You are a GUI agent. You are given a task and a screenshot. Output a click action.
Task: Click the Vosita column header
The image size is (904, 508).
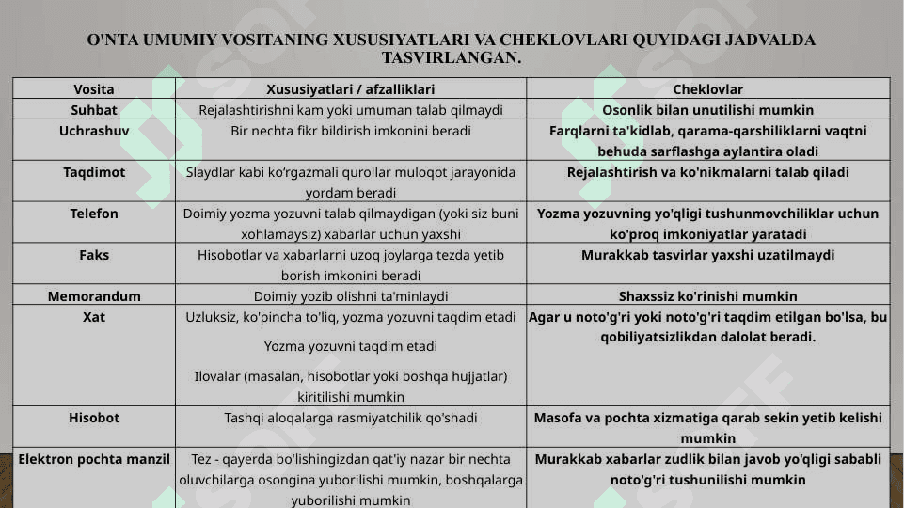pyautogui.click(x=94, y=89)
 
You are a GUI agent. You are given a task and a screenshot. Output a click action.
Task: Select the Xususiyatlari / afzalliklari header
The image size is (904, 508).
pyautogui.click(x=350, y=89)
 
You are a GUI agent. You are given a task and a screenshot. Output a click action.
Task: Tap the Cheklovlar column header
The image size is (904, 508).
pyautogui.click(x=707, y=89)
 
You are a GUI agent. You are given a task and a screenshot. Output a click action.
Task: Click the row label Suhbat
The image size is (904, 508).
pyautogui.click(x=94, y=110)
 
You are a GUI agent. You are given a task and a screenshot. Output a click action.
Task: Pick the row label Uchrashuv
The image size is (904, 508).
pyautogui.click(x=94, y=131)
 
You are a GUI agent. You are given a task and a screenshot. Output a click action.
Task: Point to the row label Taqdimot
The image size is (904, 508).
pyautogui.click(x=94, y=172)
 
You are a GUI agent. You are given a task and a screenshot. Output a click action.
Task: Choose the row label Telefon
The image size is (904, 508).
pyautogui.click(x=94, y=214)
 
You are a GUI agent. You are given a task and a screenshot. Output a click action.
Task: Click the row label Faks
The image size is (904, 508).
pyautogui.click(x=94, y=255)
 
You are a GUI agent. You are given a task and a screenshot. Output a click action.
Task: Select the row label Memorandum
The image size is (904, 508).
pyautogui.click(x=94, y=296)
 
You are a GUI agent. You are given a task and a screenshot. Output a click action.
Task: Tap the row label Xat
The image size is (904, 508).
pyautogui.click(x=94, y=317)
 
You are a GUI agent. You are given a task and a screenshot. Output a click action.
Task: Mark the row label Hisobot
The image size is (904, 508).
pyautogui.click(x=94, y=418)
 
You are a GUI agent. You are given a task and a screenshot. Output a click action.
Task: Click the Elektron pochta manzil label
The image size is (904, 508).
pyautogui.click(x=94, y=459)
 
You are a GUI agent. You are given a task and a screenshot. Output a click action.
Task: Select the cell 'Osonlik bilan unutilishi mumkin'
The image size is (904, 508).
pyautogui.click(x=707, y=110)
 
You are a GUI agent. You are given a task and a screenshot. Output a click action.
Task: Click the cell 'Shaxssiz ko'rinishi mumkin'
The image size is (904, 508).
pyautogui.click(x=707, y=296)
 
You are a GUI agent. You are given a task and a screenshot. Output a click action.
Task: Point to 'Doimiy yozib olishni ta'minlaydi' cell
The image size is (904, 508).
pyautogui.click(x=350, y=296)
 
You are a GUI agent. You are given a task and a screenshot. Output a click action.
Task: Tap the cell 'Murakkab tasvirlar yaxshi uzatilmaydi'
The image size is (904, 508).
pyautogui.click(x=707, y=255)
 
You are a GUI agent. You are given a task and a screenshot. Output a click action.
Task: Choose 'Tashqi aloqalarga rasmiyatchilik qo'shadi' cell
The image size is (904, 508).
pyautogui.click(x=350, y=418)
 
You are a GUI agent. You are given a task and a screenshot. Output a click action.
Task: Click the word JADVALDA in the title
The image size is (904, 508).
pyautogui.click(x=769, y=40)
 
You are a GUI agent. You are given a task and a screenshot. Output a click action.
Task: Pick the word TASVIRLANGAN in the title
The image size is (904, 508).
pyautogui.click(x=451, y=57)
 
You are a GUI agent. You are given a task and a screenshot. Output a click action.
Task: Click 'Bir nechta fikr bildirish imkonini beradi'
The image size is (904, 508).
pyautogui.click(x=350, y=131)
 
